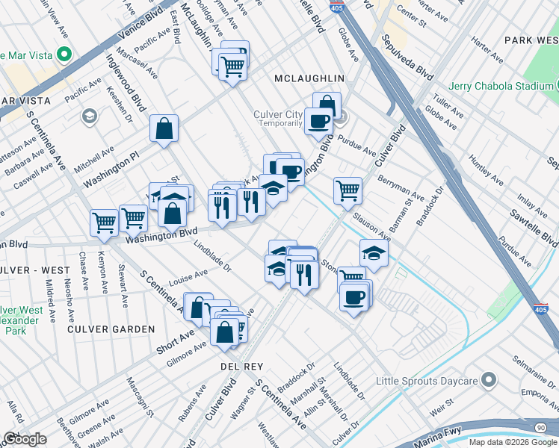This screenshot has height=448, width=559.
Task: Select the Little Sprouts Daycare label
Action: pyautogui.click(x=426, y=381)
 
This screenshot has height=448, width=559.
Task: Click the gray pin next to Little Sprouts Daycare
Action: pyautogui.click(x=488, y=381)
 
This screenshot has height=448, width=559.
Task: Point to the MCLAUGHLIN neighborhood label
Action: pyautogui.click(x=309, y=78)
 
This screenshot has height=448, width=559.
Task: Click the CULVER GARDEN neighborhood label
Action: pyautogui.click(x=111, y=329)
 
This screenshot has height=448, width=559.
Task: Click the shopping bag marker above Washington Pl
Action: pyautogui.click(x=164, y=128)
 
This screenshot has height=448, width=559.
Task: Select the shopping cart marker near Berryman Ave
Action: pyautogui.click(x=348, y=190)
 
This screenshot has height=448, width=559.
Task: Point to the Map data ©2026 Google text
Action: pyautogui.click(x=513, y=442)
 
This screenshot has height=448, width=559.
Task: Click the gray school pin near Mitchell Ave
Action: pyautogui.click(x=89, y=116)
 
